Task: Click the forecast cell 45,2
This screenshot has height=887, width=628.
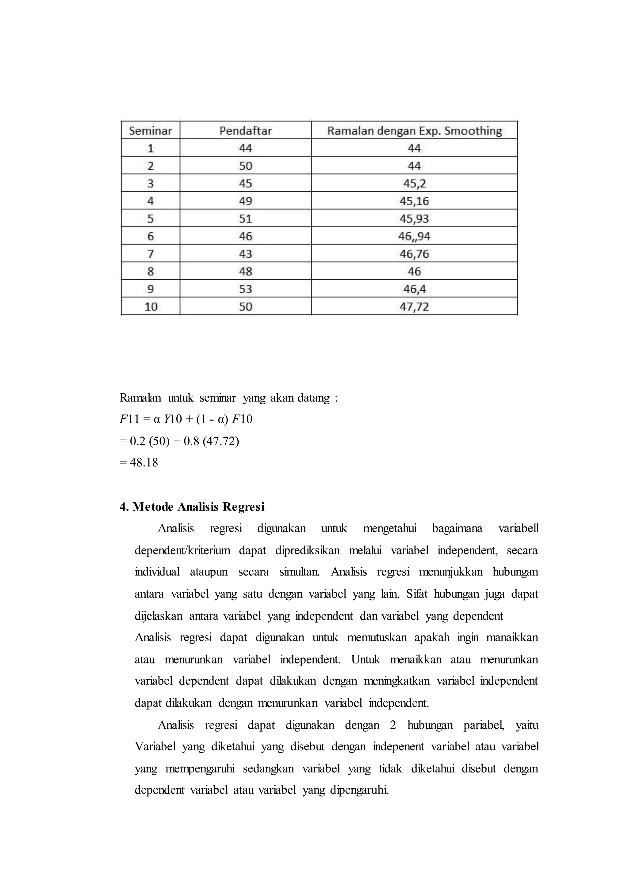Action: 414,183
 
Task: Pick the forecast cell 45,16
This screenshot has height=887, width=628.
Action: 414,201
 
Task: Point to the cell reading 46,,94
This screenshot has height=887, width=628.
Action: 414,236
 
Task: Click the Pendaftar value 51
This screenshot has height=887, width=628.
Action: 246,219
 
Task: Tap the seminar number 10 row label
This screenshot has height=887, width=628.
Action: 151,307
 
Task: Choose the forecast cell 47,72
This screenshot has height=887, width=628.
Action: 414,307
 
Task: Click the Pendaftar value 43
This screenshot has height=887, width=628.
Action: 246,254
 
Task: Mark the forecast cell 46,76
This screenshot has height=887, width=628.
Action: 414,254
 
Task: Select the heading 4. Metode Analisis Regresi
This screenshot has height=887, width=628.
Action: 192,507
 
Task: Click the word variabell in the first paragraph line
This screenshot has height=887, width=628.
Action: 518,528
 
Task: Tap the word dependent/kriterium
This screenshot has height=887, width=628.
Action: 182,550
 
